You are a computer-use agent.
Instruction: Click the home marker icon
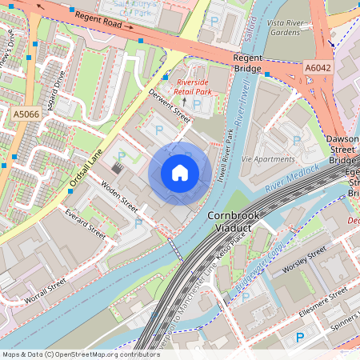[x=180, y=173]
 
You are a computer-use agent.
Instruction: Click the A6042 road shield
[x=318, y=69]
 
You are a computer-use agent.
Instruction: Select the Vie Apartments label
[x=267, y=159]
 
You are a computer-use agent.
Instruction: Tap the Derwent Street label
[x=170, y=106]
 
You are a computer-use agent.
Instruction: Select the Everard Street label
[x=86, y=226]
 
